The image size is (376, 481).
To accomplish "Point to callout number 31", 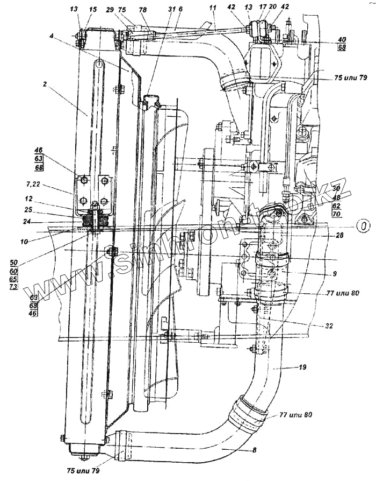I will coord(171,9).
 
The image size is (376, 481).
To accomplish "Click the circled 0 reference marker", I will coord(364,227).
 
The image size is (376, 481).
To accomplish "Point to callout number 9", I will coord(334,274).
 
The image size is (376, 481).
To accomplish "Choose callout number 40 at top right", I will coord(342,40).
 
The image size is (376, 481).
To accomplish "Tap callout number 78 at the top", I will coord(142,9).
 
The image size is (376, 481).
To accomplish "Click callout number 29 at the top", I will coord(110,9).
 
